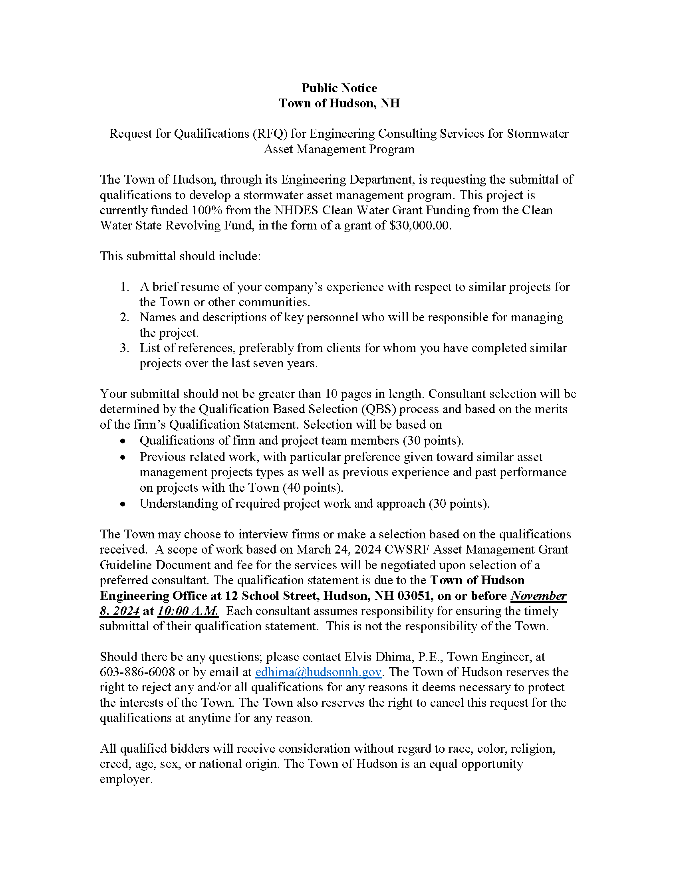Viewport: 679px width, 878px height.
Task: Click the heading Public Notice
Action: pyautogui.click(x=339, y=88)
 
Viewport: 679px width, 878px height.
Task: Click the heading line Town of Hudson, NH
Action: pyautogui.click(x=339, y=103)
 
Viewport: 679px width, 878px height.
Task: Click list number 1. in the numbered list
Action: pyautogui.click(x=125, y=287)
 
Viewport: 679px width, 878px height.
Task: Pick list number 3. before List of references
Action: pyautogui.click(x=125, y=348)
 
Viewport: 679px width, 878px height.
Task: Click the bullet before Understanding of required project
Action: pyautogui.click(x=123, y=504)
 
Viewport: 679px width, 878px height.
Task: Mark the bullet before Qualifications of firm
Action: pyautogui.click(x=123, y=441)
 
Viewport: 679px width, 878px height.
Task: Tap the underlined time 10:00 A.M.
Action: pyautogui.click(x=188, y=611)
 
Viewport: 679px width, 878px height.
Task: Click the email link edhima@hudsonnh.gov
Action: pyautogui.click(x=318, y=672)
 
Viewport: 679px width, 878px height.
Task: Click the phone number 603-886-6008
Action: pyautogui.click(x=137, y=672)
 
